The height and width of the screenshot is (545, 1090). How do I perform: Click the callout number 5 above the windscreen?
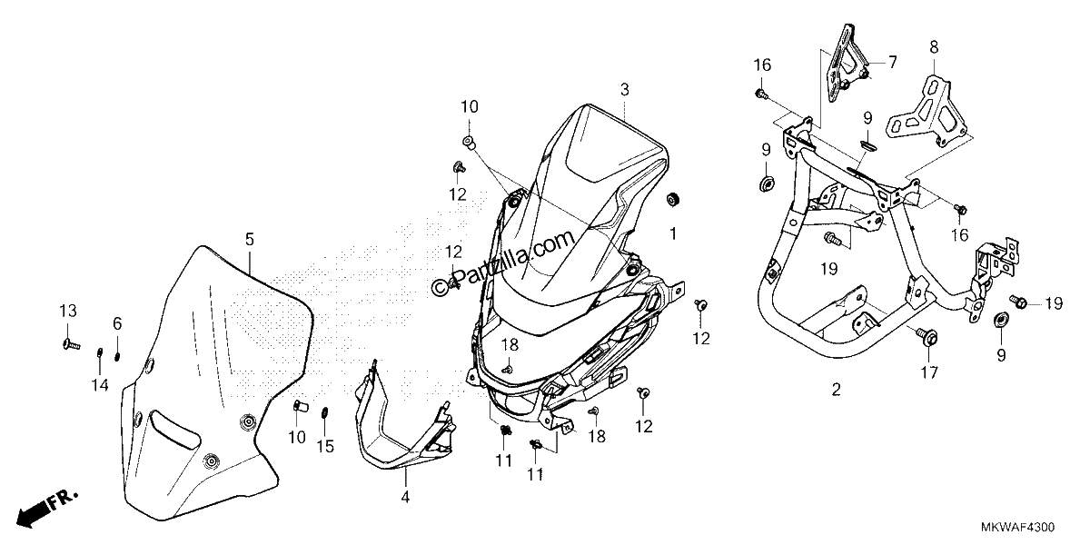(x=250, y=240)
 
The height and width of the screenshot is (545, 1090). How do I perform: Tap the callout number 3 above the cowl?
(x=625, y=90)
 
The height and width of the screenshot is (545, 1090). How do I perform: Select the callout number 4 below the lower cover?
(x=405, y=497)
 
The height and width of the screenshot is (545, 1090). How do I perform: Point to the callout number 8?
(x=934, y=47)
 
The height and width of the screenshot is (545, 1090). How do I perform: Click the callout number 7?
(x=892, y=63)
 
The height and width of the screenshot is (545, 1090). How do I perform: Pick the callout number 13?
(x=68, y=311)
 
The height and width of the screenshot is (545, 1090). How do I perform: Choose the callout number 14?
(x=100, y=385)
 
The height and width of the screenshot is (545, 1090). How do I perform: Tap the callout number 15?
(x=325, y=446)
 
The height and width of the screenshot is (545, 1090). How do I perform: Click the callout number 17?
(x=928, y=372)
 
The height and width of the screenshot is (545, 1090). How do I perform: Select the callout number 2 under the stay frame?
(x=836, y=390)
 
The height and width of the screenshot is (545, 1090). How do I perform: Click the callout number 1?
(x=673, y=234)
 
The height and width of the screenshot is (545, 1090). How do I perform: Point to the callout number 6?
(x=117, y=323)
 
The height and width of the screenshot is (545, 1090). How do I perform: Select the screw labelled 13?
(x=71, y=344)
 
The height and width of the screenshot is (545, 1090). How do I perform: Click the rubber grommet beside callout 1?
(x=673, y=199)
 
